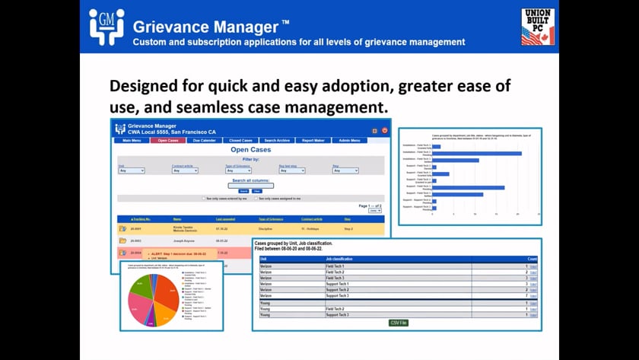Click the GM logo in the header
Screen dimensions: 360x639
click(x=106, y=27)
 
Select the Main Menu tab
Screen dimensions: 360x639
click(x=132, y=141)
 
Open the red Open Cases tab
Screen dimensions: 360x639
click(x=168, y=141)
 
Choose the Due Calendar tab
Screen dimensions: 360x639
click(x=206, y=141)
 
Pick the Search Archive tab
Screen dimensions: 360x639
click(x=276, y=141)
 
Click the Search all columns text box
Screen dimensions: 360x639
click(x=251, y=185)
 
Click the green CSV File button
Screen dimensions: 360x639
click(x=398, y=323)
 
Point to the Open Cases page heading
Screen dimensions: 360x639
click(x=250, y=150)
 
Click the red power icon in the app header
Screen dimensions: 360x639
click(x=385, y=130)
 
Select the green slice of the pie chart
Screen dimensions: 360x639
click(x=141, y=287)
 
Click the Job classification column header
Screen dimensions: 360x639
click(x=343, y=259)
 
